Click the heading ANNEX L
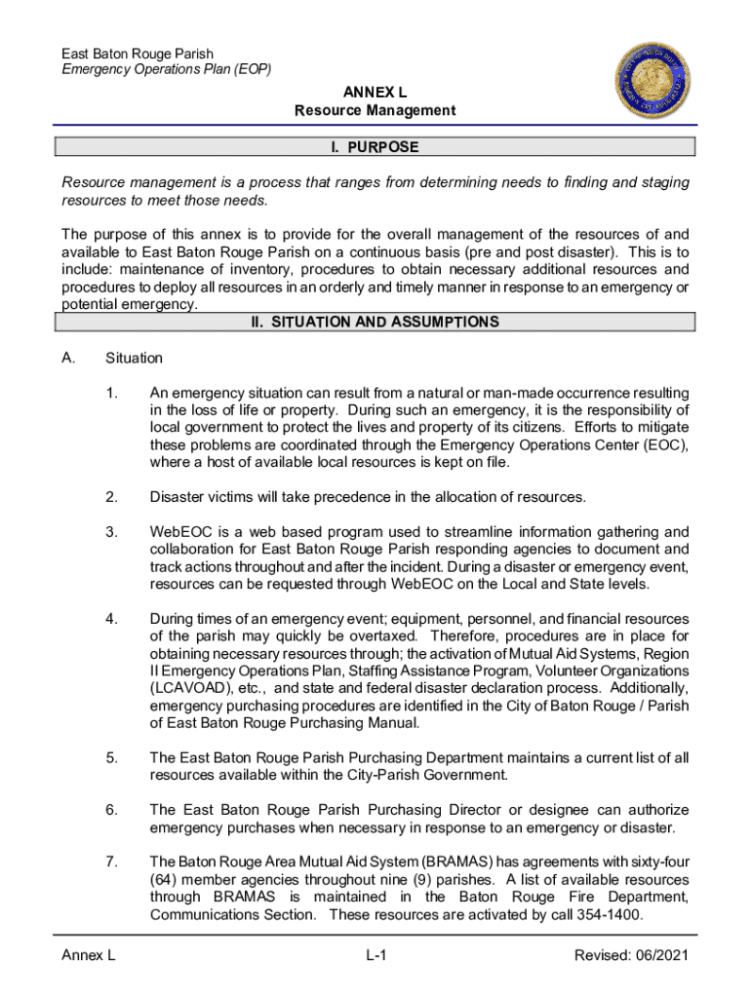point(375,93)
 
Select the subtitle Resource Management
point(375,111)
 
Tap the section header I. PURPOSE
point(375,147)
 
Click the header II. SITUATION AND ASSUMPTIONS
point(375,323)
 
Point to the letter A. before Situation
point(68,359)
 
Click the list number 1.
point(113,393)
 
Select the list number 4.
point(113,619)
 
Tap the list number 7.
point(113,863)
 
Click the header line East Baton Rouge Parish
point(138,54)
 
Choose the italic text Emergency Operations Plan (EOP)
point(167,70)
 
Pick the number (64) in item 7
point(165,880)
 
